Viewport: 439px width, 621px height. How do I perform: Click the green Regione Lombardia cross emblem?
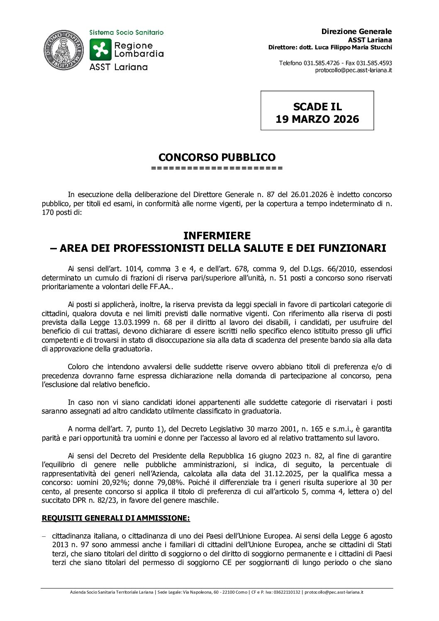click(100, 49)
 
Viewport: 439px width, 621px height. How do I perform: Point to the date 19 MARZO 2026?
click(317, 119)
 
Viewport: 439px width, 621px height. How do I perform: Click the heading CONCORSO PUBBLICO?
click(217, 158)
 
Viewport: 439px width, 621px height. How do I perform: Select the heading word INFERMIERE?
click(217, 236)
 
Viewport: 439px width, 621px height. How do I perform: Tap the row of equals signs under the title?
click(217, 168)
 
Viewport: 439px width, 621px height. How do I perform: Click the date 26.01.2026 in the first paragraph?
click(308, 194)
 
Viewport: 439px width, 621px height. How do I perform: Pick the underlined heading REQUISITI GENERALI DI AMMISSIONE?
click(116, 518)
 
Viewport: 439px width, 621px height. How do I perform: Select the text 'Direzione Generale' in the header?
click(356, 32)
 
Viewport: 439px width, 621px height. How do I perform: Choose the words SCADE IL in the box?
click(317, 107)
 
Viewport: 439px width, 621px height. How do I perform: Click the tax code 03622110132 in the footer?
click(287, 592)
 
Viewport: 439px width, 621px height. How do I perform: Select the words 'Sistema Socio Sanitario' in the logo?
click(127, 32)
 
